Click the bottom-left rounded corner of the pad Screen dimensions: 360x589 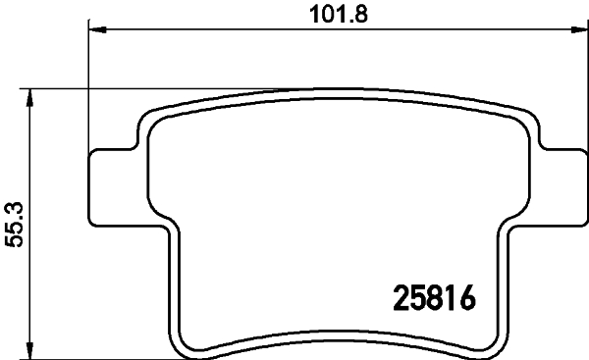click(x=187, y=343)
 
